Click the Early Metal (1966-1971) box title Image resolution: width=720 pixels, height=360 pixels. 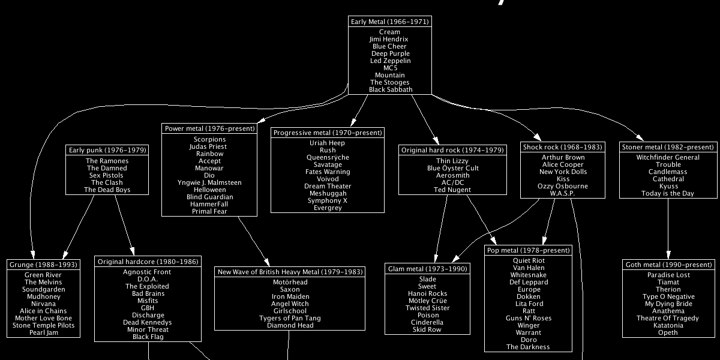(x=389, y=22)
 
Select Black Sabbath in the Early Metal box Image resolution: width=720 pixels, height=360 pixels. (x=391, y=89)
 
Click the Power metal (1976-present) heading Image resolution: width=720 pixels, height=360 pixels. (x=209, y=128)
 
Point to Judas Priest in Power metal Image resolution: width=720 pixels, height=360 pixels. (x=208, y=146)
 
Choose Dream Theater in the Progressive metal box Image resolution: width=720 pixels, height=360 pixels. (x=328, y=186)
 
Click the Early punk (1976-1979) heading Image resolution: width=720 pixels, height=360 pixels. (x=107, y=150)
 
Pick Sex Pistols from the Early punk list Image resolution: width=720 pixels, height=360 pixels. (x=107, y=175)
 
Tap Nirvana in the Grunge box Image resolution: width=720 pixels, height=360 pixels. (x=44, y=304)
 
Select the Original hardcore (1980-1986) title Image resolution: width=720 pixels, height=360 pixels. (x=148, y=262)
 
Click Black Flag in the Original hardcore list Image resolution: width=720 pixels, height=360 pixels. (x=148, y=337)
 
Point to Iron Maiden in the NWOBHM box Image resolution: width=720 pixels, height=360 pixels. (x=290, y=296)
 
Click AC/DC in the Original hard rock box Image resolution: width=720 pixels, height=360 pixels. (x=453, y=182)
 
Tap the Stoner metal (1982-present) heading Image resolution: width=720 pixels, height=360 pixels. (x=668, y=147)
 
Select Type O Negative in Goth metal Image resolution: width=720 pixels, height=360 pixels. (x=668, y=296)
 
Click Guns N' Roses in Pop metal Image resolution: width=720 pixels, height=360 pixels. (x=529, y=318)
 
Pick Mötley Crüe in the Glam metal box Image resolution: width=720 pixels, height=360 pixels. (x=428, y=301)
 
